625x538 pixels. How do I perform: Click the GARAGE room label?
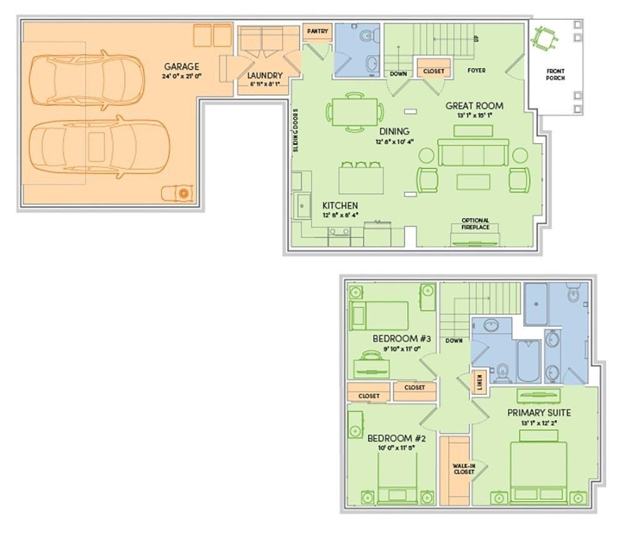coord(181,66)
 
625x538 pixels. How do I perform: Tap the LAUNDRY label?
coord(264,76)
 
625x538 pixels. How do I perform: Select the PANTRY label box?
coord(317,32)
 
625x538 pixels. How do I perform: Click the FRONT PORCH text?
coord(555,75)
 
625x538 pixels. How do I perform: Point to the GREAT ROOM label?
coord(474,106)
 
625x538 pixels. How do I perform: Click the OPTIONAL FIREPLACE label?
coord(475,224)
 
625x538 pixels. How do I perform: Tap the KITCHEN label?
coord(339,206)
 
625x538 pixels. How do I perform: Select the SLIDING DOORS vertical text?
coord(296,131)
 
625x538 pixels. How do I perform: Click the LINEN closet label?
coord(479,381)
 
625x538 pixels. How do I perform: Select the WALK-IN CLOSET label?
coord(463,469)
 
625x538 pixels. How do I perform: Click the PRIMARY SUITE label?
coord(538,412)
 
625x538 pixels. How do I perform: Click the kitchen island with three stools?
coord(360,178)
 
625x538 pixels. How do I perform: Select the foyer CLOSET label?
coord(434,71)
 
